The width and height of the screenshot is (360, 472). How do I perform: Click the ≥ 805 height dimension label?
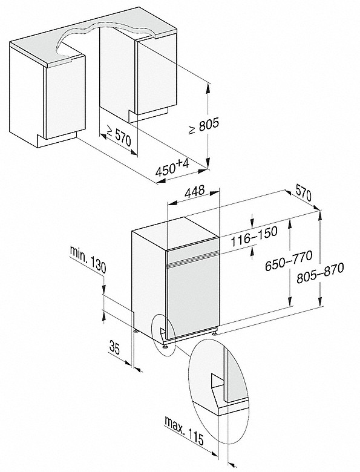click(203, 126)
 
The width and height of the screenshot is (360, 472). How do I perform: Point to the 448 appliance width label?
click(194, 192)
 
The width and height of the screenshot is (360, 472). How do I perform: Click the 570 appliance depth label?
click(303, 192)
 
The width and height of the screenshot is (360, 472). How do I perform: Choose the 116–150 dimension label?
click(254, 236)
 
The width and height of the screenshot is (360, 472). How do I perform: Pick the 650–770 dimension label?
click(288, 260)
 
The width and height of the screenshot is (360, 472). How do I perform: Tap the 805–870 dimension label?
click(319, 273)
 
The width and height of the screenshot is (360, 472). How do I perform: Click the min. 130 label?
click(88, 259)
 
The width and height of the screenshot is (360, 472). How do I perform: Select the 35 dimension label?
click(114, 347)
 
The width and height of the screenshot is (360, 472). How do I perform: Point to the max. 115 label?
click(184, 430)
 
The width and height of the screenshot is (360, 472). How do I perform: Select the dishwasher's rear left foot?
click(136, 330)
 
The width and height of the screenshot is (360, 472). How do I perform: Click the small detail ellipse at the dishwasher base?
click(163, 335)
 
